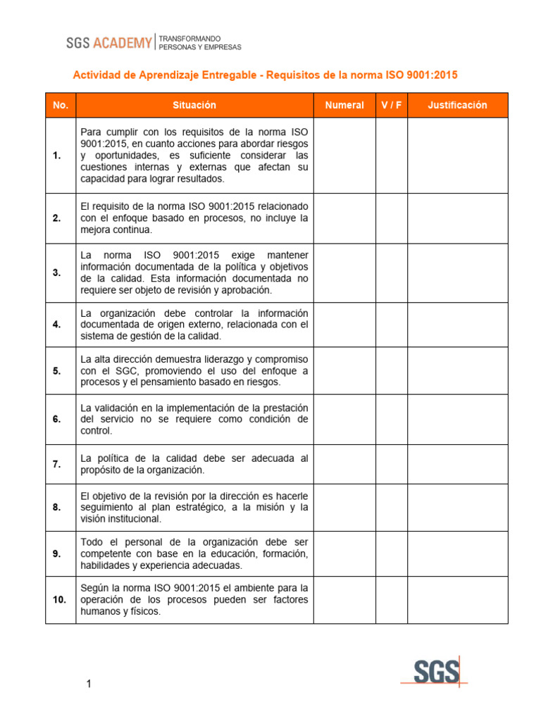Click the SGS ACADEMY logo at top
(x=109, y=43)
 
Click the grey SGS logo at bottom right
(x=435, y=672)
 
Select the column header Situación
(x=194, y=105)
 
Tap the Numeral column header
(x=344, y=105)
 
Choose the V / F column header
(x=392, y=105)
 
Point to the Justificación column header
(x=457, y=105)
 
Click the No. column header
(x=61, y=105)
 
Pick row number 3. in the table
(x=56, y=272)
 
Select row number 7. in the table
(x=56, y=464)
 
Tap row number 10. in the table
(x=58, y=599)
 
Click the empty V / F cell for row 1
(x=392, y=155)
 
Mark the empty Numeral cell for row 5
(x=344, y=370)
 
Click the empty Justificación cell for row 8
(x=457, y=507)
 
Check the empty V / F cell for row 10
(x=392, y=599)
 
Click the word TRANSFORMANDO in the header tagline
(x=190, y=38)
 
